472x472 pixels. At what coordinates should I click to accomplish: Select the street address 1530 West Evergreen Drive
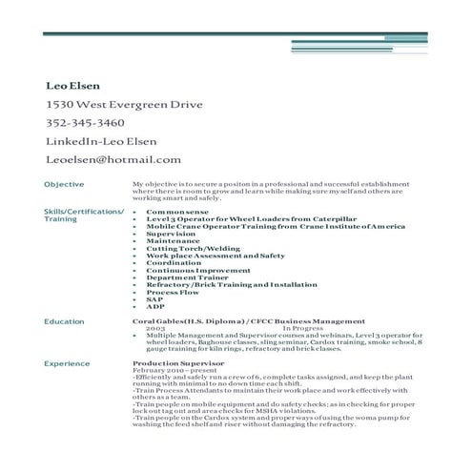click(123, 105)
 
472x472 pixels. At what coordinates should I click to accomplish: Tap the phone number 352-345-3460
click(85, 123)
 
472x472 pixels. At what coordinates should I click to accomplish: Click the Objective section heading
click(65, 182)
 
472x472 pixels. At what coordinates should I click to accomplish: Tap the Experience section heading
click(68, 364)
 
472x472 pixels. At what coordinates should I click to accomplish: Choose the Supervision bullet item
click(171, 233)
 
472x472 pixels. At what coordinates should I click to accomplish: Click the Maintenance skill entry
click(173, 240)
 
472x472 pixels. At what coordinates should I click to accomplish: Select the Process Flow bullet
click(173, 293)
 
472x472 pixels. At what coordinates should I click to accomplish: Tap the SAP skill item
click(154, 300)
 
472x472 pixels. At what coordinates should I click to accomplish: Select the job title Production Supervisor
click(180, 364)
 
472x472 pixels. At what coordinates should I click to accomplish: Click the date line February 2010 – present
click(173, 371)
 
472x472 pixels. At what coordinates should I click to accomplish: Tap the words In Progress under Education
click(302, 329)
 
